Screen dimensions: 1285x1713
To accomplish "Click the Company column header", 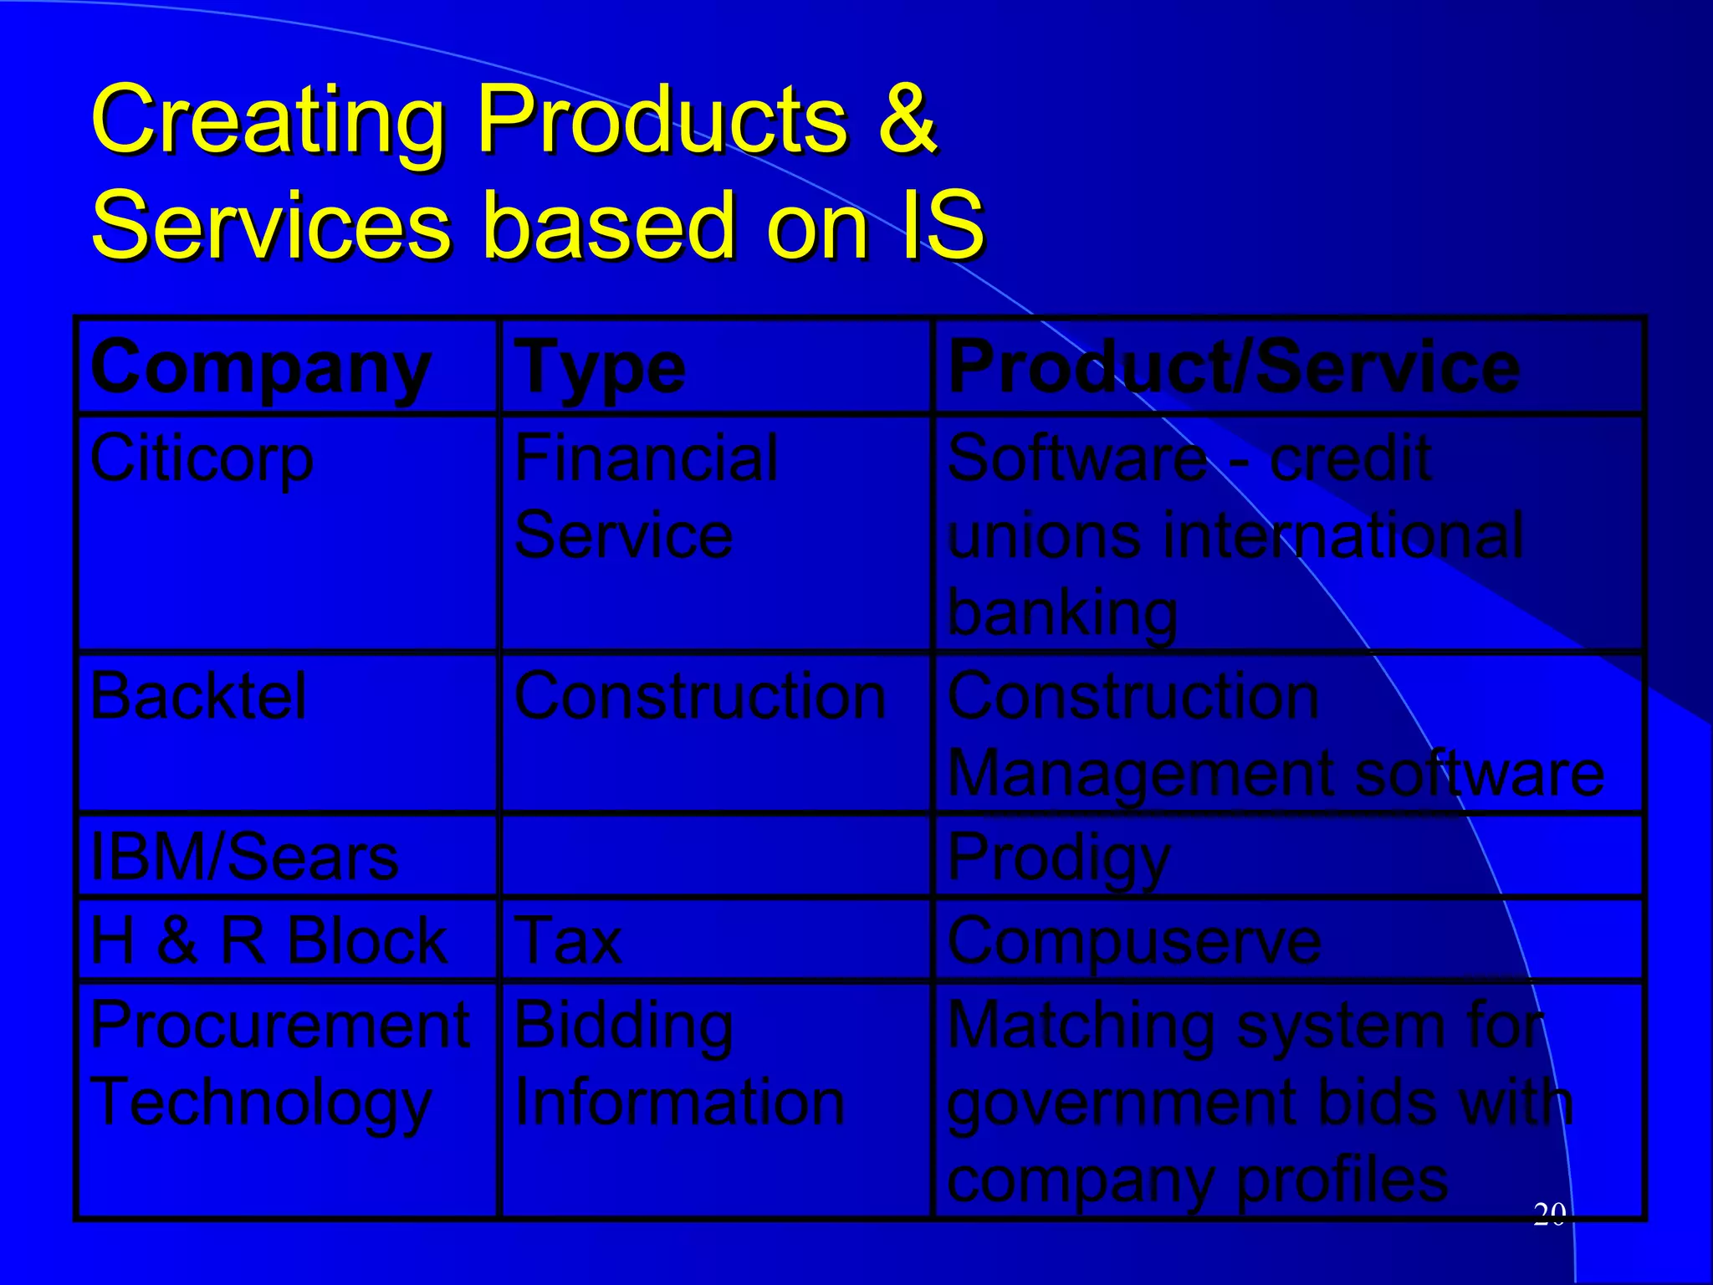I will pos(260,368).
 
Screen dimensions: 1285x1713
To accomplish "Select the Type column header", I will pos(600,368).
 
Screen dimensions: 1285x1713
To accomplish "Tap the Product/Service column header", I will pos(1234,368).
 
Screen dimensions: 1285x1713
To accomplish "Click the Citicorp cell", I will pos(202,458).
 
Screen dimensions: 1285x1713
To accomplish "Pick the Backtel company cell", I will pos(198,696).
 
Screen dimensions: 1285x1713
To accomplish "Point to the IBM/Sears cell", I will pos(244,858).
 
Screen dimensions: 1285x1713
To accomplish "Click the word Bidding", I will pos(624,1026).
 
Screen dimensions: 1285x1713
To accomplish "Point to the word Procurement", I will pos(280,1025).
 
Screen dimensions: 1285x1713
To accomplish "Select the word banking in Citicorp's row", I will pos(1062,613).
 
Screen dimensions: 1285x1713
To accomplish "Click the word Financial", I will pos(646,458).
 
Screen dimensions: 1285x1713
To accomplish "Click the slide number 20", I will pos(1549,1214).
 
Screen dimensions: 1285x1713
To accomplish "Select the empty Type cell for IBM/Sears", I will pos(715,856).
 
